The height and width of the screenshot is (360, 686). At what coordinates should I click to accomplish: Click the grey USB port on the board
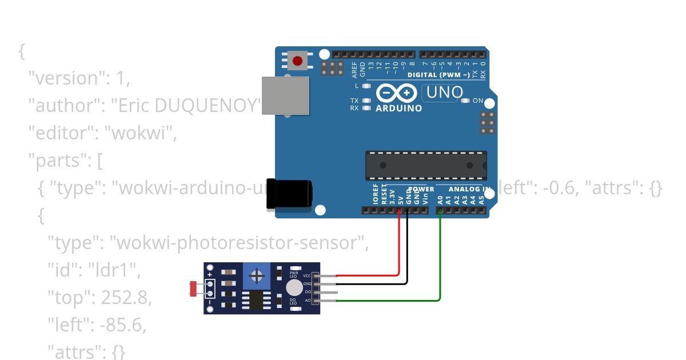pyautogui.click(x=285, y=95)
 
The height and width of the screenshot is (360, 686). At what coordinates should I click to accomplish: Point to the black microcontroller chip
pyautogui.click(x=426, y=165)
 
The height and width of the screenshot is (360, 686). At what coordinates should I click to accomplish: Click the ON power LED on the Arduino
pyautogui.click(x=465, y=101)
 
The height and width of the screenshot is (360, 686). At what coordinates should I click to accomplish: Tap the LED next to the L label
pyautogui.click(x=366, y=86)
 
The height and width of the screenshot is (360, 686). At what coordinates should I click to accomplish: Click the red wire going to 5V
pyautogui.click(x=398, y=246)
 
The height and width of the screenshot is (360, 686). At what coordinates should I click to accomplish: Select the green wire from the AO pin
pyautogui.click(x=440, y=257)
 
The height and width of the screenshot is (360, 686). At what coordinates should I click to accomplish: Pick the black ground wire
pyautogui.click(x=407, y=251)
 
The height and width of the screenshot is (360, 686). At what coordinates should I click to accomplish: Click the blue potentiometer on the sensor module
pyautogui.click(x=257, y=277)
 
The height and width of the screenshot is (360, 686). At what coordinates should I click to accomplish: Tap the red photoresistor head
pyautogui.click(x=193, y=289)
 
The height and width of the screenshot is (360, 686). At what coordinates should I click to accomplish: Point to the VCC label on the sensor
pyautogui.click(x=307, y=276)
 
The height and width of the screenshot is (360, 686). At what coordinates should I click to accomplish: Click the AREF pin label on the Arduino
pyautogui.click(x=354, y=70)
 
